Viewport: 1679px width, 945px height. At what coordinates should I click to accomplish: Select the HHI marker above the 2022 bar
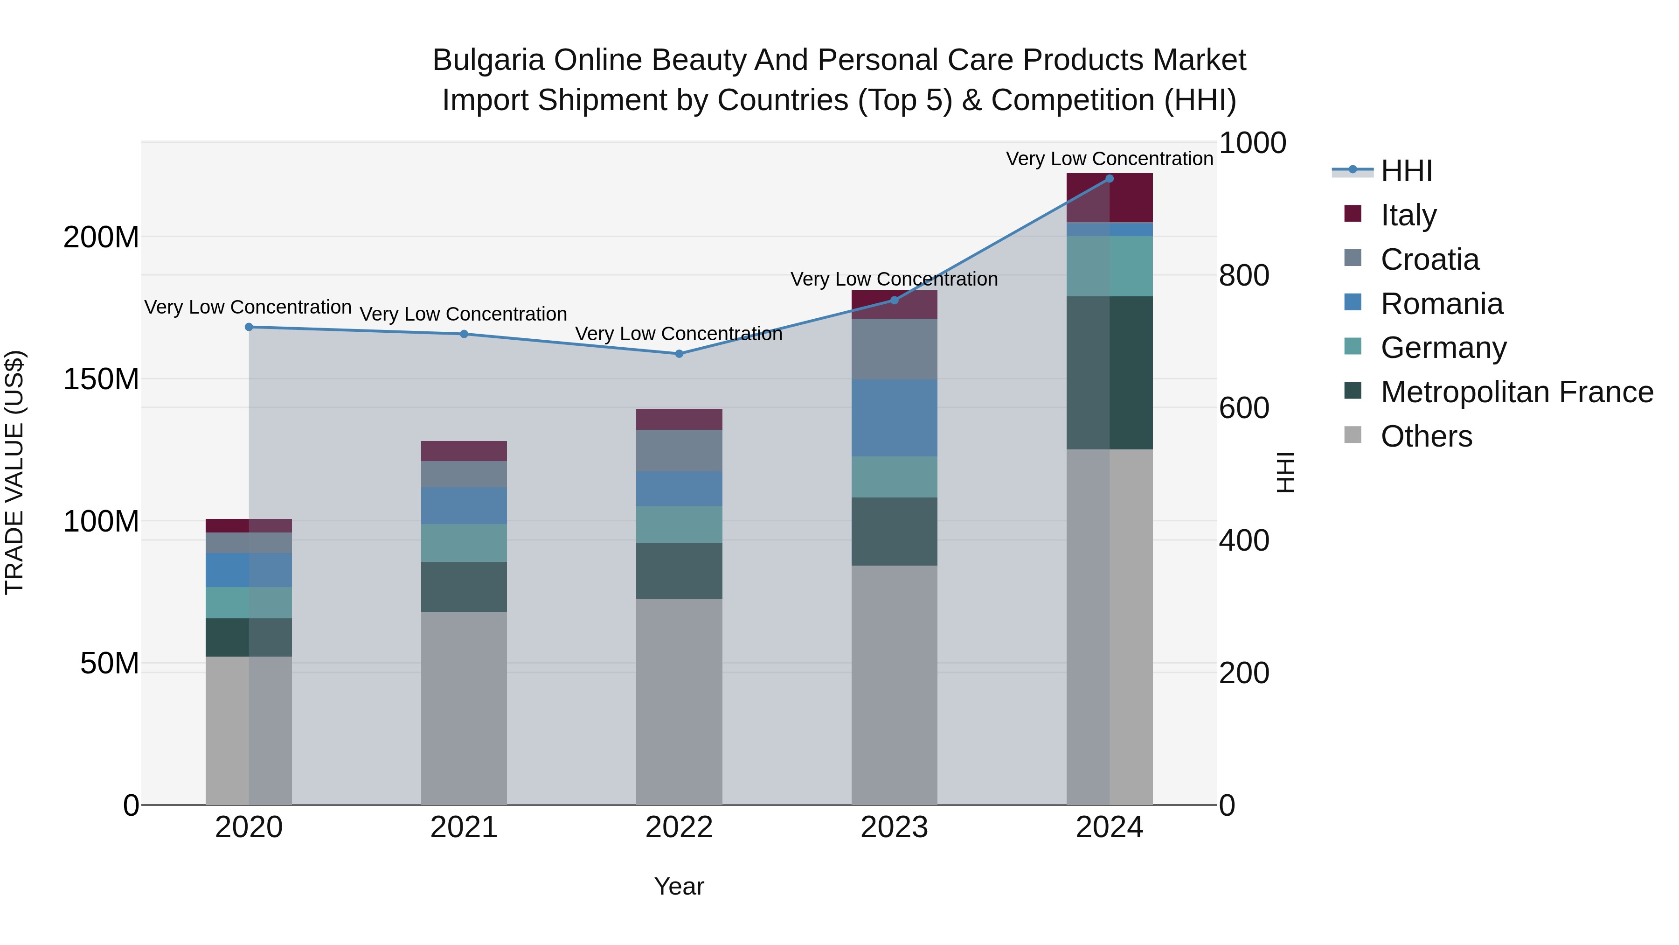tap(679, 353)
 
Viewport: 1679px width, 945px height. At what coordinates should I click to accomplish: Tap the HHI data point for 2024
tap(1110, 179)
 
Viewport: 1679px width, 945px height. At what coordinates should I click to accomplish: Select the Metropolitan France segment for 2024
tap(1110, 372)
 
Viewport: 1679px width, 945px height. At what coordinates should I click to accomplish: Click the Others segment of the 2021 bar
tap(464, 707)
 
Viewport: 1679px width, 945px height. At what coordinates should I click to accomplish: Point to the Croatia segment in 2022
tap(679, 450)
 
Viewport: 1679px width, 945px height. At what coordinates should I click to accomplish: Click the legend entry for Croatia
tap(1429, 259)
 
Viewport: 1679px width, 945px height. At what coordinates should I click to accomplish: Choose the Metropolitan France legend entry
tap(1516, 392)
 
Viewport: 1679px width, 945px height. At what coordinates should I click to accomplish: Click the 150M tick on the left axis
tap(101, 379)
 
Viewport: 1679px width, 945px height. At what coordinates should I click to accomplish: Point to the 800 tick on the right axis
tap(1243, 275)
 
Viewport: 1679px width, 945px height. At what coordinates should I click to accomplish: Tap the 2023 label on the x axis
tap(894, 827)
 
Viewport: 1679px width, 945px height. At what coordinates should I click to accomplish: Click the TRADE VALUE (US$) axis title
tap(15, 472)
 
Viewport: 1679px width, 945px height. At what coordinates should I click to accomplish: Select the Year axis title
tap(679, 886)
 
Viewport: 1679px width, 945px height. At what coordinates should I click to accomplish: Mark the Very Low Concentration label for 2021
tap(464, 314)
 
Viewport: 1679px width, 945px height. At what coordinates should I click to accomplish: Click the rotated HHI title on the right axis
tap(1285, 472)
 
